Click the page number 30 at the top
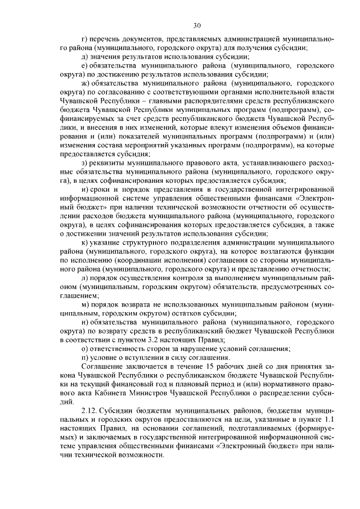(x=196, y=25)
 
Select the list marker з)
(x=85, y=163)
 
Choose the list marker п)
(x=85, y=358)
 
